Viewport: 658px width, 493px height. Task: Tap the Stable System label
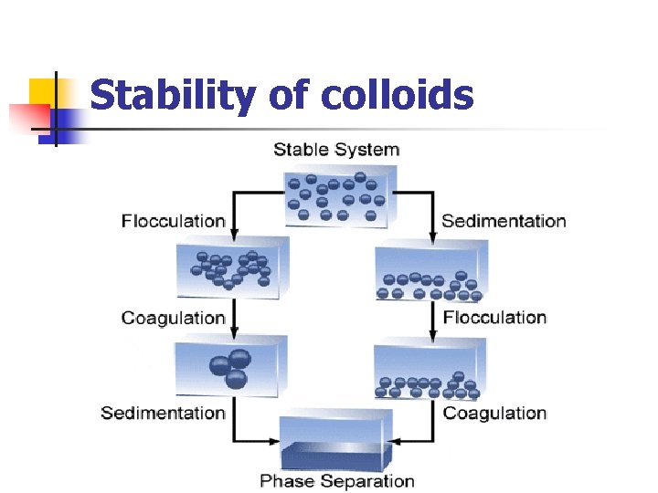[336, 150]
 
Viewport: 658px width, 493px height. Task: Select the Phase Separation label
[336, 481]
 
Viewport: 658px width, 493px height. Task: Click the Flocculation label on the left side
[173, 220]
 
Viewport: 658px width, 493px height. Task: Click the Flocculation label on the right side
[494, 318]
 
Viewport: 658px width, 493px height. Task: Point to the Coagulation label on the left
[173, 318]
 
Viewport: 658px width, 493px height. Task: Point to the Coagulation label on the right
[494, 413]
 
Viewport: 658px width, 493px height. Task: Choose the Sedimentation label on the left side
[163, 413]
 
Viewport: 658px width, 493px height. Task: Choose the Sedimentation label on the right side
[504, 220]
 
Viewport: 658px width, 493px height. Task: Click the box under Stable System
[338, 196]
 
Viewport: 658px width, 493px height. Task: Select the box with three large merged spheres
[230, 365]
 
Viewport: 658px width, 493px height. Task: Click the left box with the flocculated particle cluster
[234, 266]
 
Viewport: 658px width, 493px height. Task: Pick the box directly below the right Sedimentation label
[430, 271]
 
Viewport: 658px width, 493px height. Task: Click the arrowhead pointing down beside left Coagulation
[234, 330]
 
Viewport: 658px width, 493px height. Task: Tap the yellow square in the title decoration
[40, 91]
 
